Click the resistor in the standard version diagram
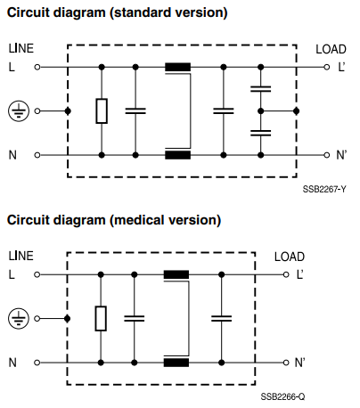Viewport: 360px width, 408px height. point(102,111)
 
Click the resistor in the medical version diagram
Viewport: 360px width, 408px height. point(101,318)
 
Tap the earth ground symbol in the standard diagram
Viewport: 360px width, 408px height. point(19,111)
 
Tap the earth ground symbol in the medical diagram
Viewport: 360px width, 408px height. point(19,319)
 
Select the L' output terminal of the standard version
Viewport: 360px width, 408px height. point(327,67)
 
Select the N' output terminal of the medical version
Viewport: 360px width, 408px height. point(286,363)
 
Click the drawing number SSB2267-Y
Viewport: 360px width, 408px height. point(324,189)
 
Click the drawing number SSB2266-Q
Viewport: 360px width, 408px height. point(282,396)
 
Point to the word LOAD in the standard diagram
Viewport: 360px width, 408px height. point(331,49)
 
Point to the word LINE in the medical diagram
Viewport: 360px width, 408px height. point(20,256)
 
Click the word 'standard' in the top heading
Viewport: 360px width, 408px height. point(139,12)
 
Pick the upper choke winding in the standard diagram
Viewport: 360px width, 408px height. point(177,67)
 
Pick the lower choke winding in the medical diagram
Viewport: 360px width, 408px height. point(176,363)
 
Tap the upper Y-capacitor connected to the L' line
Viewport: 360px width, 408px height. point(260,89)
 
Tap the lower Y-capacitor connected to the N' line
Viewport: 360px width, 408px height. point(260,133)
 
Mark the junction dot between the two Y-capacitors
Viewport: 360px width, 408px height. point(260,111)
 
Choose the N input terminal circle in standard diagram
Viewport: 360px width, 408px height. point(37,155)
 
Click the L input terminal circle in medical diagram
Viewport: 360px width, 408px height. point(37,274)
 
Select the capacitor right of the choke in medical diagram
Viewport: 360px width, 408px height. point(221,319)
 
